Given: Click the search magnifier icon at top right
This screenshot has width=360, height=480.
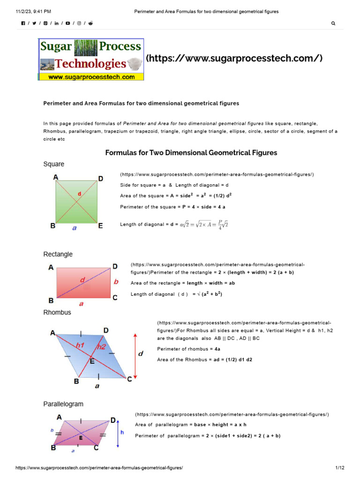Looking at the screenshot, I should (333, 23).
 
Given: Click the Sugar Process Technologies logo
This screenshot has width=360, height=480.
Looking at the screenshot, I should (91, 60).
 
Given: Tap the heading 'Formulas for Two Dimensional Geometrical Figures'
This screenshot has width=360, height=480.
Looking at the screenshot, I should (191, 153).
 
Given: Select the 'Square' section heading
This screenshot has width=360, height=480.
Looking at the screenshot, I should (54, 165).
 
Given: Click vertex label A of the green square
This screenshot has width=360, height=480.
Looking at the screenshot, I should (56, 177).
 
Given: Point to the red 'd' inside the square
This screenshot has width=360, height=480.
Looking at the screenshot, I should (80, 194).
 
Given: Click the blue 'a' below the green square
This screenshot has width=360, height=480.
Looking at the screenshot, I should (74, 228).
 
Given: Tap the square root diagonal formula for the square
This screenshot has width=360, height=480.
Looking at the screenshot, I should (207, 225).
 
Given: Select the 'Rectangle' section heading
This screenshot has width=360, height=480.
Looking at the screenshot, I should (58, 254).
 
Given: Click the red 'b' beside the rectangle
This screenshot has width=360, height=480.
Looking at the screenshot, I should (117, 282).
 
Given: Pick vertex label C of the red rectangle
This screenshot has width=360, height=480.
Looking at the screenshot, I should (115, 298).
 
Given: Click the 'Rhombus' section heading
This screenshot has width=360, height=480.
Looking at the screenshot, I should (57, 312).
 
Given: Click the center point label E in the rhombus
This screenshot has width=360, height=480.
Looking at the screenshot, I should (92, 361).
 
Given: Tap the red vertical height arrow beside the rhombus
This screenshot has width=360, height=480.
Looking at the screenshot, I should (135, 356).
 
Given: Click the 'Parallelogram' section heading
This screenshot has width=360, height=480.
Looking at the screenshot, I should (63, 404).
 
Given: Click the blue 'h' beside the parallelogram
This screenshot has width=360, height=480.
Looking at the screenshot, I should (122, 432).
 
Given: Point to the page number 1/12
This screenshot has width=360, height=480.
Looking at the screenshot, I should (340, 468).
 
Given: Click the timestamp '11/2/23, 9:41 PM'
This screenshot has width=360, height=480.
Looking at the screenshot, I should (34, 11).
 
